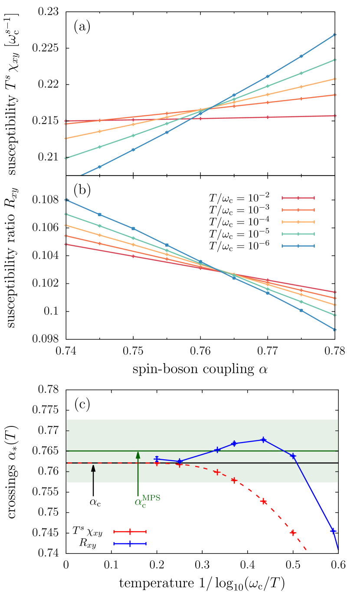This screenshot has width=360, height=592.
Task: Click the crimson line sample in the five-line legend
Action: click(298, 198)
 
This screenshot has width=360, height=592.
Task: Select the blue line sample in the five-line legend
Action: click(298, 246)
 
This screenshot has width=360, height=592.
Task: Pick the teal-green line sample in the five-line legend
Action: click(298, 234)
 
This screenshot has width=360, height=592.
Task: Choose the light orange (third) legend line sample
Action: click(298, 222)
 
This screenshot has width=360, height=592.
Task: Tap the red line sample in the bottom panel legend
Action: click(130, 531)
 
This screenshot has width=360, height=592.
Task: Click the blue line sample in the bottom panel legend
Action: click(130, 543)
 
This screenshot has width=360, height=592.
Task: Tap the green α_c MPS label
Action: click(147, 501)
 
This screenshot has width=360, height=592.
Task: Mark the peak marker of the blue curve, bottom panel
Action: click(263, 440)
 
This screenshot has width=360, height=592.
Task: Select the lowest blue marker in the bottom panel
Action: click(333, 530)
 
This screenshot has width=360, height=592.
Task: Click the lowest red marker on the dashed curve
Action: click(293, 533)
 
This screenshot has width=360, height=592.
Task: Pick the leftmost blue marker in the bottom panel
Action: click(157, 459)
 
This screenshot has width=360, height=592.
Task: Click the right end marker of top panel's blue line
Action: click(334, 35)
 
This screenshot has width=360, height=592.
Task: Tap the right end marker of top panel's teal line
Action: click(334, 60)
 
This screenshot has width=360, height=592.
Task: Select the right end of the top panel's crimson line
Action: click(334, 116)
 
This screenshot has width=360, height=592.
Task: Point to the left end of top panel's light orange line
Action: click(66, 139)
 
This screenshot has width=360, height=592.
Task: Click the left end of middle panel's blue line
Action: click(66, 200)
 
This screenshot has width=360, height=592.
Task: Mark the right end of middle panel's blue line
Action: click(334, 330)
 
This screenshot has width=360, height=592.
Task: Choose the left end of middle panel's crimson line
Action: click(66, 244)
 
